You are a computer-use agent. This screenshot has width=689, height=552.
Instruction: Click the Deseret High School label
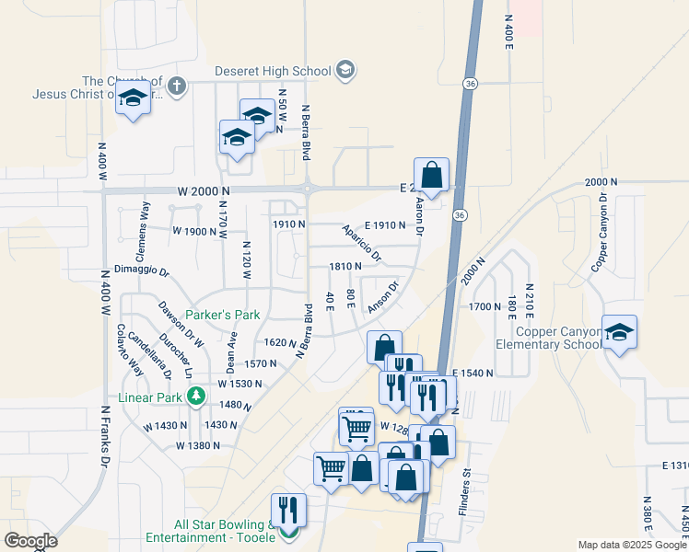click(x=273, y=71)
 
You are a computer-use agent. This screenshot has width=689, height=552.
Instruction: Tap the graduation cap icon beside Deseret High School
click(x=345, y=70)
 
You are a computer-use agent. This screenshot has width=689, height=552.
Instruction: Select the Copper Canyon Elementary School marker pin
click(x=618, y=334)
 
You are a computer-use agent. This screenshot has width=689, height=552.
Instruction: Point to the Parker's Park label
click(x=222, y=315)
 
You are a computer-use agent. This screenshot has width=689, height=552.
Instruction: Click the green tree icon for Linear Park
click(x=195, y=397)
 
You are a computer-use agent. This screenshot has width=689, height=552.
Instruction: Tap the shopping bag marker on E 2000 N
click(x=431, y=174)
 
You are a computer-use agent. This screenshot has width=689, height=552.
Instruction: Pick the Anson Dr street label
click(x=382, y=297)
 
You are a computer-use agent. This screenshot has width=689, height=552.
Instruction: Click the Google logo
click(x=29, y=541)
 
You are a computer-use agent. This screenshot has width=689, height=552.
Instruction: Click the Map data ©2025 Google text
click(x=631, y=545)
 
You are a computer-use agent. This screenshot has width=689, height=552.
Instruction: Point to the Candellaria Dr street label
click(x=148, y=355)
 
